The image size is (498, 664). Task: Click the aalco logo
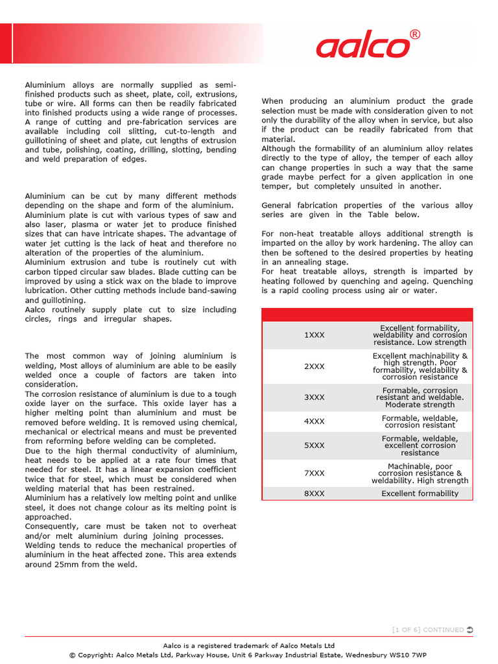point(363,47)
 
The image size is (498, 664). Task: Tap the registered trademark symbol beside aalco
point(415,34)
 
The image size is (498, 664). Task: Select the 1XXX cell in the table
point(314,335)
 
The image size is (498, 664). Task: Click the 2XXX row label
point(314,366)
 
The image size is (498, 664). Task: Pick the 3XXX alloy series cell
point(314,397)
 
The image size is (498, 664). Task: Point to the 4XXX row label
point(314,421)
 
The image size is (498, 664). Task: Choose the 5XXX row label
point(314,445)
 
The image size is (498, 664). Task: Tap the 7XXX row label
point(314,473)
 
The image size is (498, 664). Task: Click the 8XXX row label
point(314,493)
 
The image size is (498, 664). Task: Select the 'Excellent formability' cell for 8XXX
point(420,493)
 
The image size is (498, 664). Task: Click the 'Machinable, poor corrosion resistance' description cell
point(420,473)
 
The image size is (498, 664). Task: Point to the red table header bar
point(367,314)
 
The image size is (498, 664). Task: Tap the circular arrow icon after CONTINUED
point(470,630)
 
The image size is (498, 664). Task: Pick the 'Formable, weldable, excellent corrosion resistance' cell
point(420,445)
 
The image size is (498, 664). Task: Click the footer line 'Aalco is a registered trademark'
point(248,645)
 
